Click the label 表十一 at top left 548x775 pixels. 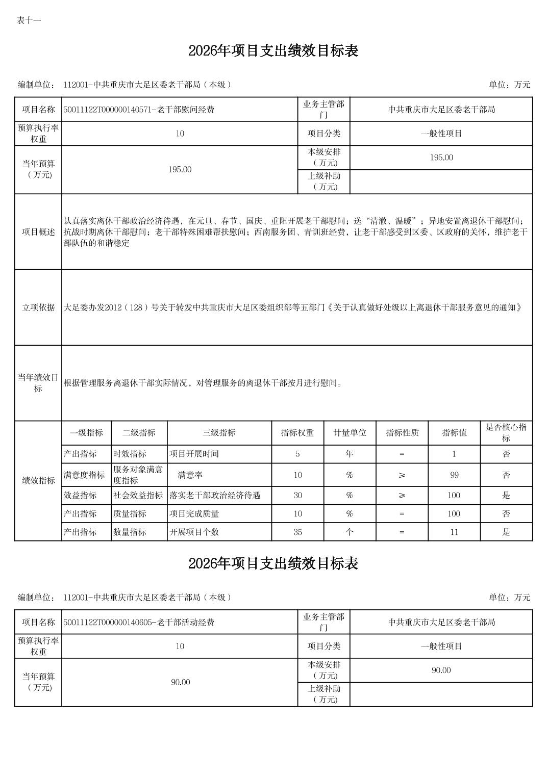click(29, 20)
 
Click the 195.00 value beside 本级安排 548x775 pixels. click(441, 158)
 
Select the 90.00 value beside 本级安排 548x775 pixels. click(441, 670)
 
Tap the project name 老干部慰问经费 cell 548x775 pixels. click(139, 110)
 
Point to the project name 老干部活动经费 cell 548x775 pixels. click(139, 622)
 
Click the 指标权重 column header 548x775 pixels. click(297, 433)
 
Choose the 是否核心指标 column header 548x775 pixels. click(506, 433)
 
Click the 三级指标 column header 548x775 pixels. click(219, 433)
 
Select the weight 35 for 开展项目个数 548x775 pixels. click(297, 532)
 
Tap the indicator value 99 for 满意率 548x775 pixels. click(454, 475)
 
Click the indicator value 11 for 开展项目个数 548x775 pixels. click(454, 532)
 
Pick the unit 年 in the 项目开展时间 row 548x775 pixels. click(350, 454)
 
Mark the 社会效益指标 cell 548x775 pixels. click(138, 495)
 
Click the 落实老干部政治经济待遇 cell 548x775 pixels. click(215, 495)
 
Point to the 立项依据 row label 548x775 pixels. click(38, 307)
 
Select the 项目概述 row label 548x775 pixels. click(38, 232)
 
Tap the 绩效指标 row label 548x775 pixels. click(38, 480)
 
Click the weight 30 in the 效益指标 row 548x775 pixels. click(297, 495)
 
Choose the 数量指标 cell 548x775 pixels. click(130, 532)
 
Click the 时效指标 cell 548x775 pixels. click(130, 454)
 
